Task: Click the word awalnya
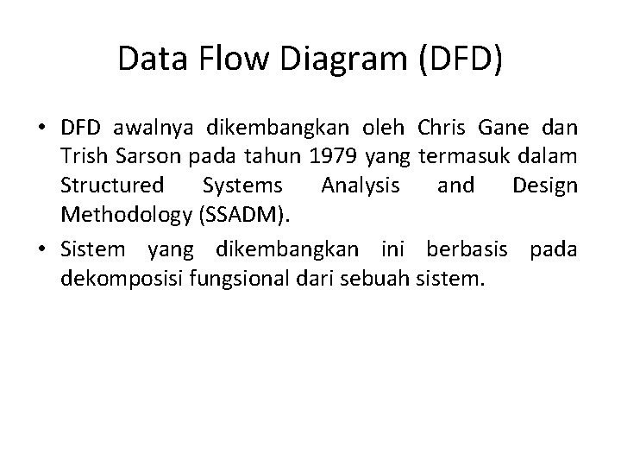pyautogui.click(x=152, y=130)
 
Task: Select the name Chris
pyautogui.click(x=439, y=130)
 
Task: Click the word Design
pyautogui.click(x=544, y=186)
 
